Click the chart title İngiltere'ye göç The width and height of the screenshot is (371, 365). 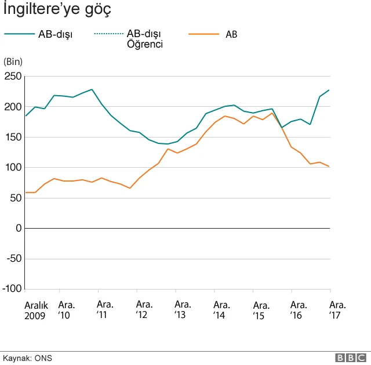tap(57, 10)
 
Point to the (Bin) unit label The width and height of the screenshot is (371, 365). tap(12, 62)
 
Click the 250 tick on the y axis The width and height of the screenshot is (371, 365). tap(12, 77)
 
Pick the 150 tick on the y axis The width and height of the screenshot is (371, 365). tap(12, 138)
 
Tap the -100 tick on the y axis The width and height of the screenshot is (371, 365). tap(11, 289)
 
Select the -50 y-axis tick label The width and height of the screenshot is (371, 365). tap(13, 259)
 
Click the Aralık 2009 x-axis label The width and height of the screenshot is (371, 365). tap(35, 310)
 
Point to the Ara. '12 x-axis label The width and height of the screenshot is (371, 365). tap(144, 310)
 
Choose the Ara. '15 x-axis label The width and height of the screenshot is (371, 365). tap(261, 310)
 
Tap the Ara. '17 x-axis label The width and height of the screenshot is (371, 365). tap(337, 310)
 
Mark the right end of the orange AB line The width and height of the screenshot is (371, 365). tap(330, 167)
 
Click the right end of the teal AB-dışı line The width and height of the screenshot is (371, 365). tap(330, 90)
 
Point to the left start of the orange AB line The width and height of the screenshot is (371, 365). tap(26, 192)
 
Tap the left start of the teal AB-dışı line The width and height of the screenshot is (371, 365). tap(26, 116)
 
